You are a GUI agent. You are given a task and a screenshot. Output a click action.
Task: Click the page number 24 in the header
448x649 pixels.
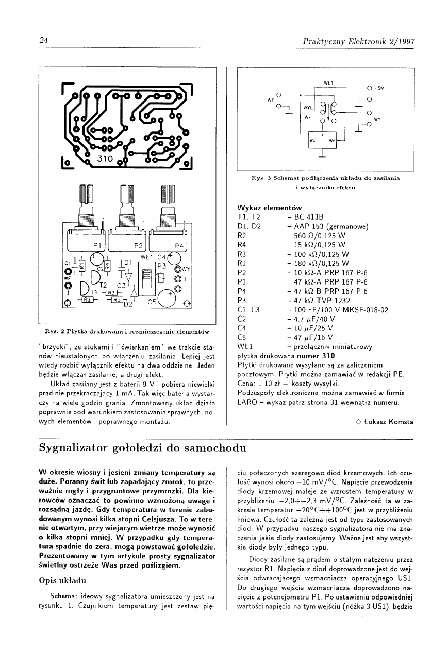[44, 41]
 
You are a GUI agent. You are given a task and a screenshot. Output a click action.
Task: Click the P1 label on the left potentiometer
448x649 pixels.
[97, 245]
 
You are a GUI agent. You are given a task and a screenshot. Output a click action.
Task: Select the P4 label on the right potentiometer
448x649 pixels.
[179, 245]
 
